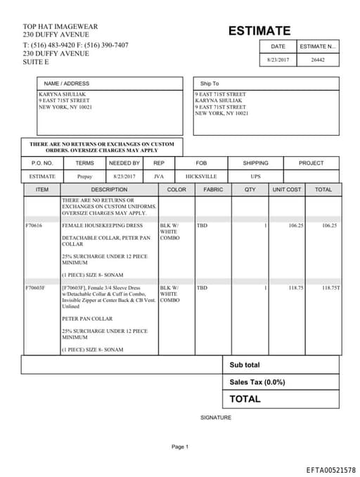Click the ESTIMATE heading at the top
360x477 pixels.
click(x=259, y=31)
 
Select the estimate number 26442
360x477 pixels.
click(x=318, y=61)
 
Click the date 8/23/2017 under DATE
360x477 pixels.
click(x=278, y=61)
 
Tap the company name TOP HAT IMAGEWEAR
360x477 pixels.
click(x=60, y=27)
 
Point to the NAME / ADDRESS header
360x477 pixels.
click(x=67, y=84)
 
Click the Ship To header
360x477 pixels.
click(x=210, y=84)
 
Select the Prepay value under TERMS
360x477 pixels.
click(x=84, y=177)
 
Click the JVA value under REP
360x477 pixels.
click(x=158, y=177)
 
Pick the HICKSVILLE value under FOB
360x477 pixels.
click(x=201, y=177)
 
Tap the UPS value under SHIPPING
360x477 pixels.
click(x=255, y=177)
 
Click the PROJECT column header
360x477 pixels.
click(x=311, y=163)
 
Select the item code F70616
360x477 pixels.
click(x=34, y=226)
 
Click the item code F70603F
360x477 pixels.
click(x=35, y=288)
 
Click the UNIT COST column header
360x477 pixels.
click(x=287, y=190)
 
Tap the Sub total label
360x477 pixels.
click(x=245, y=365)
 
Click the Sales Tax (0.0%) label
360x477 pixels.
click(x=257, y=382)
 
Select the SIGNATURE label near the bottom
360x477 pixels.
click(x=216, y=418)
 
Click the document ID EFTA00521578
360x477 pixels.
click(x=330, y=469)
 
